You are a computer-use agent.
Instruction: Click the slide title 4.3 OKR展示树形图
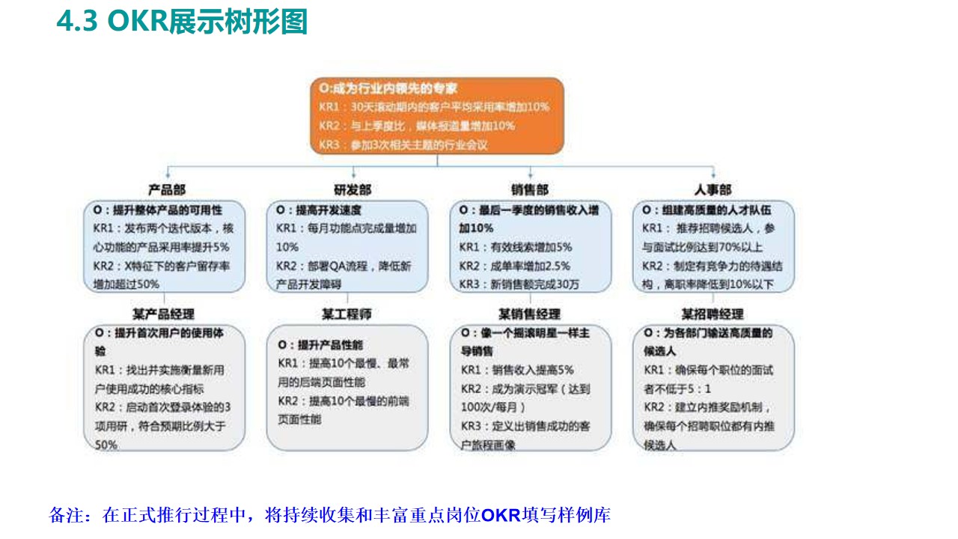click(182, 22)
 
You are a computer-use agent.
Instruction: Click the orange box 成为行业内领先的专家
click(436, 115)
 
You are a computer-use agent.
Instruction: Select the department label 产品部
click(166, 190)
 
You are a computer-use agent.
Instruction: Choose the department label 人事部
click(713, 190)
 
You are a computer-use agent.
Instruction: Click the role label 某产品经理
click(163, 314)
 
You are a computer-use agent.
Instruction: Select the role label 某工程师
click(347, 314)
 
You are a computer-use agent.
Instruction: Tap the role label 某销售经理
click(529, 314)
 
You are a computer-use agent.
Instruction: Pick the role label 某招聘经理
click(713, 314)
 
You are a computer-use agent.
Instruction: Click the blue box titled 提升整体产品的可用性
click(164, 246)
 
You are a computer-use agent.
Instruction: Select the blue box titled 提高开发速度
click(347, 246)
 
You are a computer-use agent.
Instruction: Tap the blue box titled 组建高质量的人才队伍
click(713, 246)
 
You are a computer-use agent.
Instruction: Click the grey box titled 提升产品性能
click(347, 387)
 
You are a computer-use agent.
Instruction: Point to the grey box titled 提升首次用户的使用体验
click(164, 387)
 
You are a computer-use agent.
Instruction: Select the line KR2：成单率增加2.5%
click(515, 265)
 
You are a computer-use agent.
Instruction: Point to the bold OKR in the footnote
click(501, 516)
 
